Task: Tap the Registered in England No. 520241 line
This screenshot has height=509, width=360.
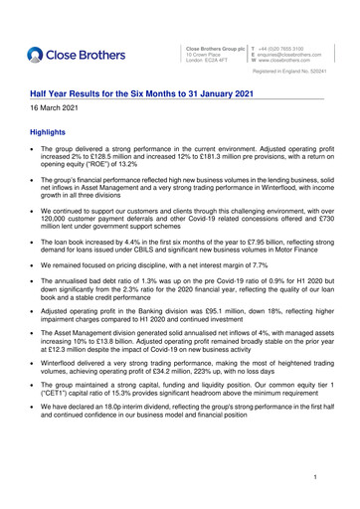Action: point(295,73)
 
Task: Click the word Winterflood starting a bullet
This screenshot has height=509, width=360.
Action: point(65,365)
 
